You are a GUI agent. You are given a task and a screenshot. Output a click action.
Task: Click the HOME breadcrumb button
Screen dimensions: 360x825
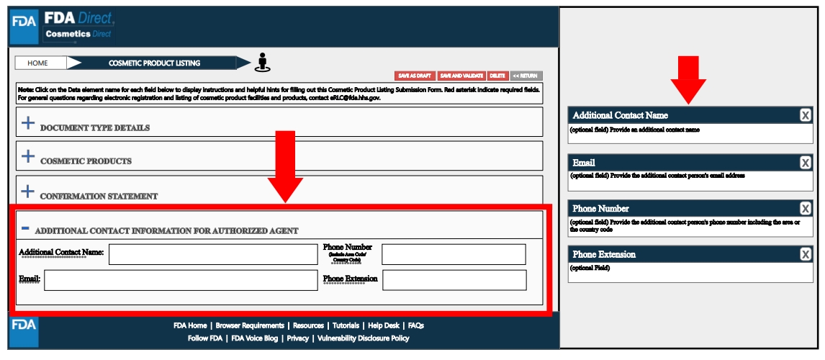(37, 63)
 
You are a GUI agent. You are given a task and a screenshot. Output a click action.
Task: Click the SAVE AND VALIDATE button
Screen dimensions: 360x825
(461, 76)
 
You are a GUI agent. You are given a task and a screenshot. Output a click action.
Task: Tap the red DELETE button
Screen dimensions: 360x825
(497, 76)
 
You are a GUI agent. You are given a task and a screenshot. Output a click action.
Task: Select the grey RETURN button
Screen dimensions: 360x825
(526, 76)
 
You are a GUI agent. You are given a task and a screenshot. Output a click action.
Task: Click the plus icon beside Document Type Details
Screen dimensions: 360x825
(27, 123)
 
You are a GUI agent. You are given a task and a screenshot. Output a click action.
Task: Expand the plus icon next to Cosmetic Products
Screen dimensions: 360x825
(27, 156)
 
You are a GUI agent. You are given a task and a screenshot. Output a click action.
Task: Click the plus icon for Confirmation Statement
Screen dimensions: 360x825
(27, 192)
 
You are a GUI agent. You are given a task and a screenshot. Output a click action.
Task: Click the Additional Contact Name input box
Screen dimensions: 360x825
(212, 254)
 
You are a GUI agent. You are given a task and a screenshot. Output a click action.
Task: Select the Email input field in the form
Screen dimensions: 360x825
(180, 280)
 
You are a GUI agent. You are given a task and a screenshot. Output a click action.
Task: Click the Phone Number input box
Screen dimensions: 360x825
(454, 254)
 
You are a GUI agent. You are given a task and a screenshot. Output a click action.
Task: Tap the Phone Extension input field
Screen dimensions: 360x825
(454, 280)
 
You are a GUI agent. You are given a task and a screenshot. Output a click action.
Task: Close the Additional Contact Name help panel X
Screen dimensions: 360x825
(806, 115)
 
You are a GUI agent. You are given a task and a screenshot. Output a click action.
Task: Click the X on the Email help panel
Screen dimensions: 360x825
(806, 163)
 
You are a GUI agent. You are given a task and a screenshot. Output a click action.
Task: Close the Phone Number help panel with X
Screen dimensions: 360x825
(806, 209)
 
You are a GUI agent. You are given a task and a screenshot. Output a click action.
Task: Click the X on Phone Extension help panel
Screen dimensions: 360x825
(806, 254)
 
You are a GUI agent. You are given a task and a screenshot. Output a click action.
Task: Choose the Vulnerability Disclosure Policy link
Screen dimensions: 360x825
(364, 338)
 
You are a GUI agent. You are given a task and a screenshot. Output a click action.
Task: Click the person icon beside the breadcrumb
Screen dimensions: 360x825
(262, 63)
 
